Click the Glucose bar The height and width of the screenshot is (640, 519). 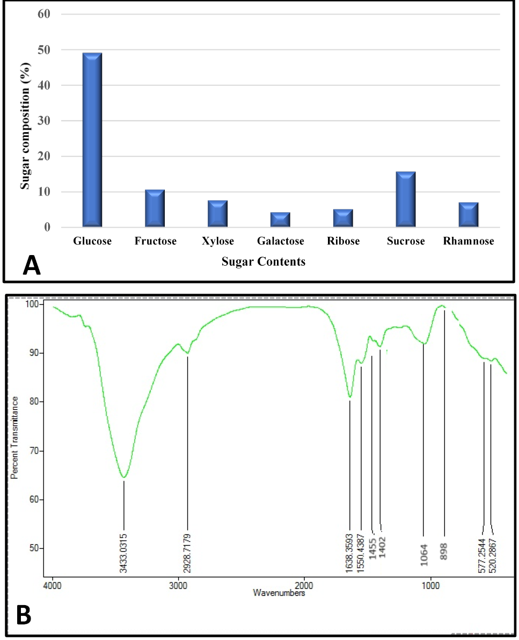click(92, 140)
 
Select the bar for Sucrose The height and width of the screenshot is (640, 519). click(406, 199)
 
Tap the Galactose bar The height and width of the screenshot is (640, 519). click(280, 220)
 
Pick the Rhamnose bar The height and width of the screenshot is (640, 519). click(469, 215)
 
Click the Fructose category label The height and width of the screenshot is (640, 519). click(156, 241)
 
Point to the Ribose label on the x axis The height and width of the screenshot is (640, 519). click(343, 241)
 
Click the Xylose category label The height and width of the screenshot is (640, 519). click(218, 241)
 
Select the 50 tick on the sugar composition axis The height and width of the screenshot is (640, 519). click(44, 50)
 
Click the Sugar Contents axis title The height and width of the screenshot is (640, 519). click(264, 261)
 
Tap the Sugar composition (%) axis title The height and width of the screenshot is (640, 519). click(25, 126)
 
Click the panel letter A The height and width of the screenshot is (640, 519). click(32, 265)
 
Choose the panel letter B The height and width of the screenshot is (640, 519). click(24, 615)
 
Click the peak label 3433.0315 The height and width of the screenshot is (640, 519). click(123, 553)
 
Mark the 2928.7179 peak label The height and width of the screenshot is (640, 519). click(187, 553)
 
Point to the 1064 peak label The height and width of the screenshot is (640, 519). click(424, 555)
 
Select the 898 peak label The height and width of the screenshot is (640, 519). click(444, 551)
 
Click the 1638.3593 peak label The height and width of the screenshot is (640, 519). click(349, 553)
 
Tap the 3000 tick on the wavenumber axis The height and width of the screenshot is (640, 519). click(178, 586)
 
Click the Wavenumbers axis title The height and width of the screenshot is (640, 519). click(279, 593)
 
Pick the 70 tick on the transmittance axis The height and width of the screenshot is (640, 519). click(34, 450)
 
